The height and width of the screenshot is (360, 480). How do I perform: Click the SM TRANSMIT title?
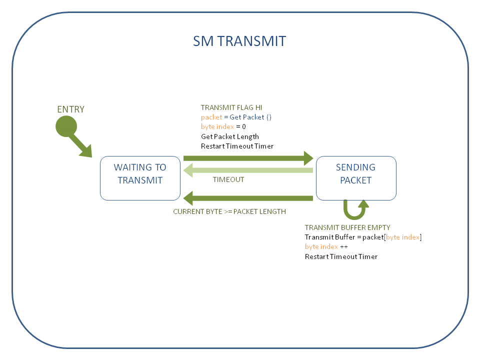[x=239, y=41]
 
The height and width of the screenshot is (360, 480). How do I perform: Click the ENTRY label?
[x=71, y=109]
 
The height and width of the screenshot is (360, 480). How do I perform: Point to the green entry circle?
[x=66, y=126]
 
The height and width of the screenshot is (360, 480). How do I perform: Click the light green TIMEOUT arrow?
[x=248, y=171]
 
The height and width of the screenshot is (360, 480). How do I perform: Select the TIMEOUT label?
[x=228, y=179]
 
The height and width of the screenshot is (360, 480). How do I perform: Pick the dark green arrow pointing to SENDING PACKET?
[x=248, y=158]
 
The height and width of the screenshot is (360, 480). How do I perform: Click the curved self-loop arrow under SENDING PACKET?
[x=356, y=210]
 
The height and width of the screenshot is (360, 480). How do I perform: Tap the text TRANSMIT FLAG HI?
[x=231, y=107]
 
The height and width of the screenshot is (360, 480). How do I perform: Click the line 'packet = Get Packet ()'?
[x=236, y=117]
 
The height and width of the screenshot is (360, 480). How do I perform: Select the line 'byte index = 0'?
[x=223, y=126]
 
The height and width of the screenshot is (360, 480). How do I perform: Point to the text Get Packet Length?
[x=230, y=136]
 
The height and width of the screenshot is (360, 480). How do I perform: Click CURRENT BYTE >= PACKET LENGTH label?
[x=229, y=211]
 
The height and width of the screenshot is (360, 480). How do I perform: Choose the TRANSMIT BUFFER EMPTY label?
[x=347, y=227]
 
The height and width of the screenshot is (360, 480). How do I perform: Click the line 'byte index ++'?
[x=326, y=247]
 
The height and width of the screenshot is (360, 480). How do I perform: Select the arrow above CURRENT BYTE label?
[x=248, y=198]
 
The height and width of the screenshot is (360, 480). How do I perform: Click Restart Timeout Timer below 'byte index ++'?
[x=341, y=257]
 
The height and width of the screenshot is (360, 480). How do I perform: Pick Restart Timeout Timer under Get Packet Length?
[x=237, y=146]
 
